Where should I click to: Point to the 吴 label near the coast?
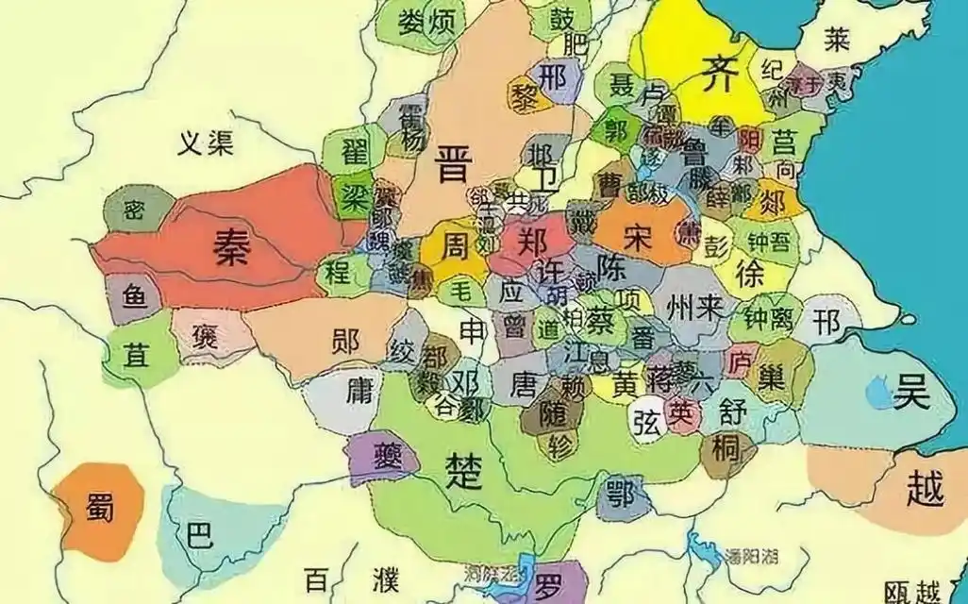coord(911,392)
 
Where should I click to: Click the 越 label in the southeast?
coord(923,488)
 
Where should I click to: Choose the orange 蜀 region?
coord(98,511)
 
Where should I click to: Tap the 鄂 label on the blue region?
coord(620,493)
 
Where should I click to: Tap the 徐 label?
coord(748,275)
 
